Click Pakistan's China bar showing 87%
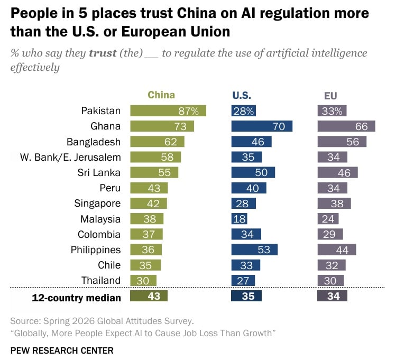click(168, 111)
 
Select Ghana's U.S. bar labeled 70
click(262, 126)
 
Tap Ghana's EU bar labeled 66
click(346, 126)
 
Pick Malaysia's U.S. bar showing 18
click(239, 219)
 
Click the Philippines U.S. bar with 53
click(254, 250)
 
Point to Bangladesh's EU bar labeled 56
click(342, 142)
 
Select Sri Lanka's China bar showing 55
click(154, 173)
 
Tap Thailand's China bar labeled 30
click(143, 281)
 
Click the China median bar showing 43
click(149, 296)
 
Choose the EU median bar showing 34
click(332, 296)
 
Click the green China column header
click(161, 95)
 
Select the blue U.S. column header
click(242, 95)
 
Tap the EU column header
click(330, 96)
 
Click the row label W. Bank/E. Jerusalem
click(70, 158)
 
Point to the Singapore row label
click(97, 204)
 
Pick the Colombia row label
click(99, 234)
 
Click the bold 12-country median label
click(76, 298)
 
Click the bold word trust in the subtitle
click(103, 53)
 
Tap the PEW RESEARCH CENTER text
click(62, 350)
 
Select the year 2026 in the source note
click(83, 321)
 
